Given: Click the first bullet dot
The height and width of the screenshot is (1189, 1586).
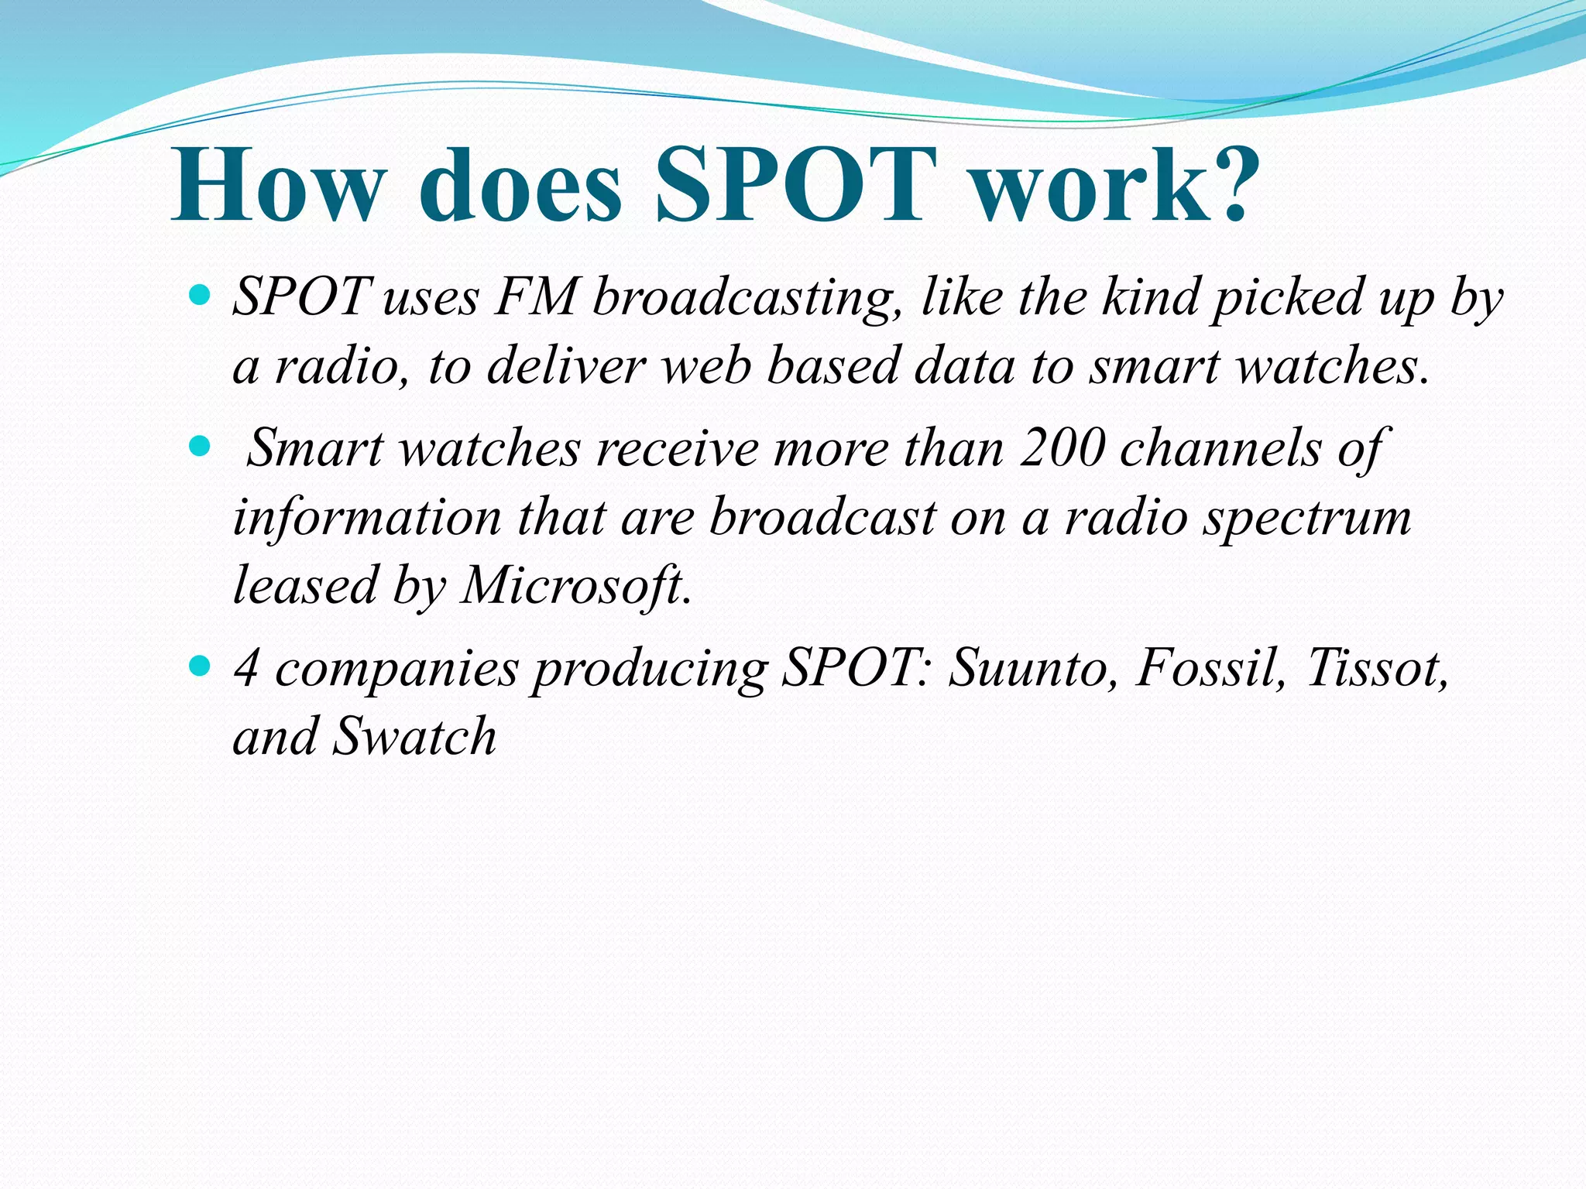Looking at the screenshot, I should click(x=200, y=295).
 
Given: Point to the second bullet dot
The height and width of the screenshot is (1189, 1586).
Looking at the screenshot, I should click(x=200, y=447).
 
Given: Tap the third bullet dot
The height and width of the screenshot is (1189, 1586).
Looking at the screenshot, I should click(x=200, y=665).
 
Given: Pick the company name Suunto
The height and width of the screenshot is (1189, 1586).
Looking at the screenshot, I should click(x=1033, y=666).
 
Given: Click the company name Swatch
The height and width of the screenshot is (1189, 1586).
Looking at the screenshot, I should click(x=414, y=735).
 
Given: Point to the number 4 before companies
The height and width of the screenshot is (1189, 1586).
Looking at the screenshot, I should click(x=246, y=666).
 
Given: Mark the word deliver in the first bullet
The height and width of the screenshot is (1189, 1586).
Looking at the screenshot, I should click(x=566, y=365).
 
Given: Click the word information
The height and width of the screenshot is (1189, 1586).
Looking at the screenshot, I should click(x=367, y=517).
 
